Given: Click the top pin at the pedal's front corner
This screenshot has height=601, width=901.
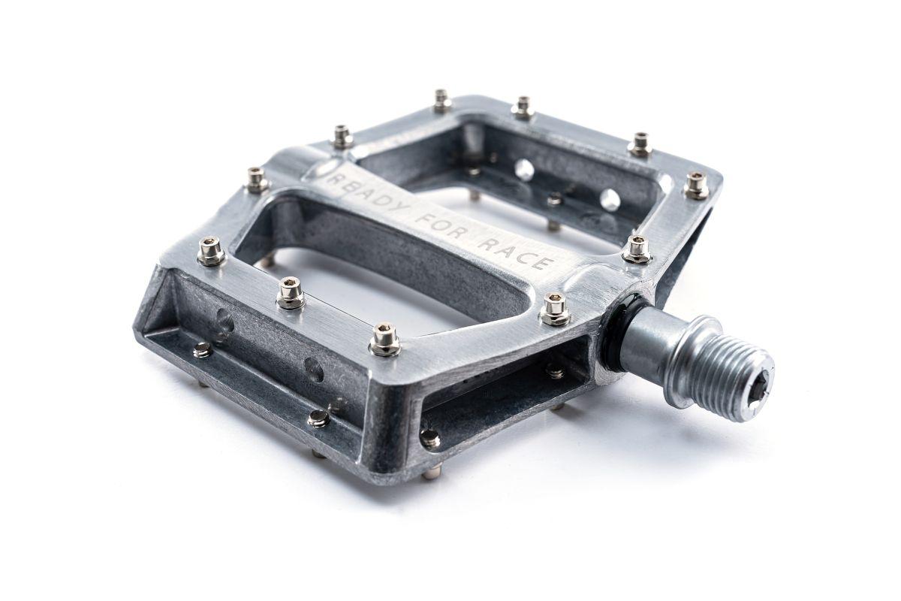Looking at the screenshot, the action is pyautogui.click(x=385, y=340).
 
